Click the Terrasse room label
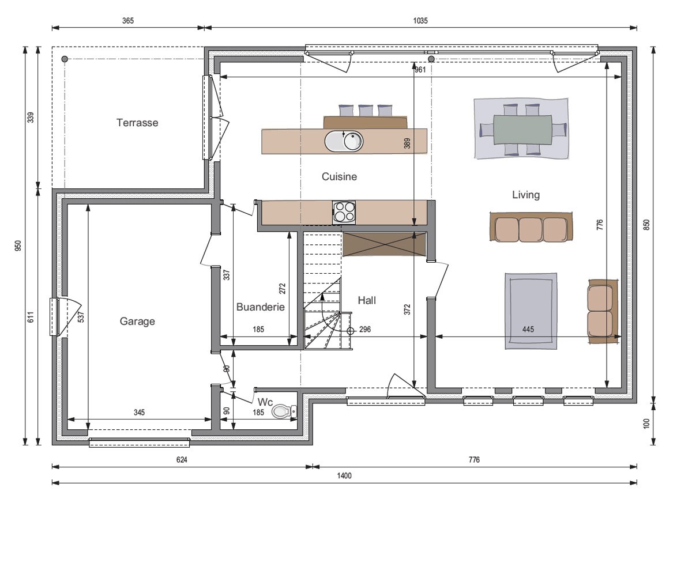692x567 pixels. point(137,123)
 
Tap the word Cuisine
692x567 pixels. point(339,176)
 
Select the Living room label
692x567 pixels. point(526,195)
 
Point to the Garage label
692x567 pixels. point(137,321)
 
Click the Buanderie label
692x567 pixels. point(260,307)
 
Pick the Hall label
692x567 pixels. point(367,300)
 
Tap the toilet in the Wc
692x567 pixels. point(284,411)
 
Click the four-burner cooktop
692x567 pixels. point(344,212)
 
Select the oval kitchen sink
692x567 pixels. point(344,141)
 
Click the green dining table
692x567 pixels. point(522,130)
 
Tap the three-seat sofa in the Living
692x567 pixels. point(531,227)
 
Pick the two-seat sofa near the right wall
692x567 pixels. point(603,312)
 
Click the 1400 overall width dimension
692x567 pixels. point(344,475)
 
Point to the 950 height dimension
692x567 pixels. point(18,245)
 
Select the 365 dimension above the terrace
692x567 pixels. point(128,21)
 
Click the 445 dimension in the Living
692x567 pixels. point(528,329)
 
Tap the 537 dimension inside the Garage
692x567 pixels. point(81,317)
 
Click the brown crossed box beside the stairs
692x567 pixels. point(384,244)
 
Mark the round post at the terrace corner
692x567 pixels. point(65,59)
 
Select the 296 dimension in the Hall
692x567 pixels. point(365,329)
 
